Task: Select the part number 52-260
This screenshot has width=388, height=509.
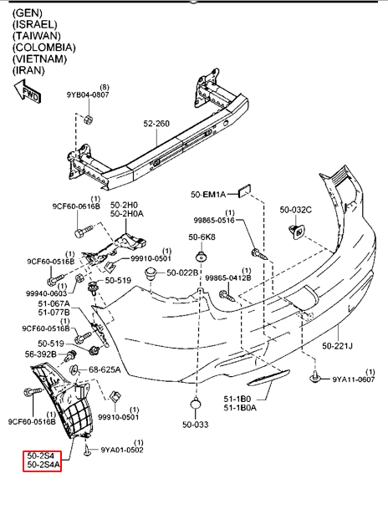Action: click(x=156, y=124)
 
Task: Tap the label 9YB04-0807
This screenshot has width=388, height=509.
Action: click(x=88, y=94)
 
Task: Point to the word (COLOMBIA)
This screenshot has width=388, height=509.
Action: click(x=43, y=48)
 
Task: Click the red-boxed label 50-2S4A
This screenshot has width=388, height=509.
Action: click(x=43, y=465)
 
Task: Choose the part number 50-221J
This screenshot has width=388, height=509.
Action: click(x=337, y=346)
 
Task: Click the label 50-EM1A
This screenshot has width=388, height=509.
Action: click(x=208, y=195)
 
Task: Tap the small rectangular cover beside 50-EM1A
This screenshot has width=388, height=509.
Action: click(x=244, y=191)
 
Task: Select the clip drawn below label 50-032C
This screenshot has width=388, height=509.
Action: click(x=297, y=232)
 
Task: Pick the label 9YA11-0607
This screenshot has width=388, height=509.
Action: click(x=353, y=379)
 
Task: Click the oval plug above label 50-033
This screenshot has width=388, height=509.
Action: click(x=195, y=405)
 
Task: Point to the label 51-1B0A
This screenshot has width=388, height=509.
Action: click(x=240, y=407)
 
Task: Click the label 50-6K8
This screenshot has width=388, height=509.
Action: click(x=202, y=237)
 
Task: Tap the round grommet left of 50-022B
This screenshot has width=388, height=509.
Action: click(x=151, y=273)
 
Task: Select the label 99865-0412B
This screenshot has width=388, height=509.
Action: click(x=228, y=277)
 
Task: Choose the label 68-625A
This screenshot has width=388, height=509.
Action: click(x=105, y=369)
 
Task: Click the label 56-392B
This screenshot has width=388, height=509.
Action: click(x=41, y=354)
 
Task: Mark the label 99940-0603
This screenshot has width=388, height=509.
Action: click(x=46, y=293)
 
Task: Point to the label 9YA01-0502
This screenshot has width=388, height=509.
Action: click(x=122, y=450)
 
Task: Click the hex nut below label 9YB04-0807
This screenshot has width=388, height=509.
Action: click(x=88, y=120)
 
